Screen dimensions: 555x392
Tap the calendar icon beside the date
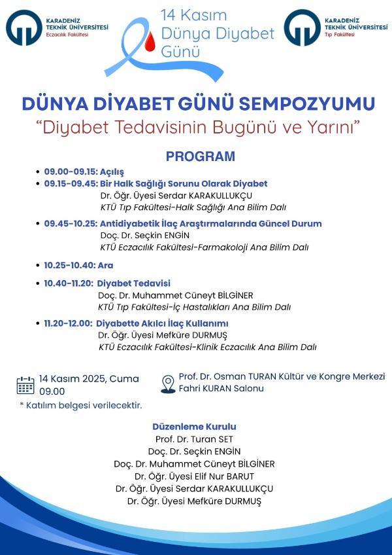25,385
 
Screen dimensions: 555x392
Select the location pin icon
168,383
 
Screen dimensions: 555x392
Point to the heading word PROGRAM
200,156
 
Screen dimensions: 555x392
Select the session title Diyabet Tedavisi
134,283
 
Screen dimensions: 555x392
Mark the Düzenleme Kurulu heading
194,426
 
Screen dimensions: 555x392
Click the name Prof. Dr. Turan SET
194,439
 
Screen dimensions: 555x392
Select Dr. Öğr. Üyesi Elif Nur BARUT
194,476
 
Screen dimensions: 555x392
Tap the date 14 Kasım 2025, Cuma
88,378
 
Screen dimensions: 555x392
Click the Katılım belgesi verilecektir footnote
80,406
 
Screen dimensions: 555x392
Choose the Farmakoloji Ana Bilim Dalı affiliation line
204,247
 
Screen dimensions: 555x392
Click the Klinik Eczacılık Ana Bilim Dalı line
207,347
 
